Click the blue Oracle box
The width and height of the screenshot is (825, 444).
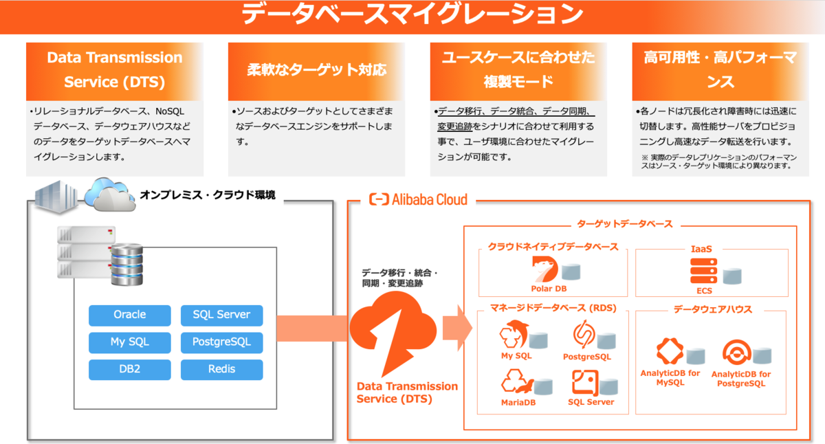point(129,315)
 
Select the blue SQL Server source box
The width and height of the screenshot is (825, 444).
point(221,315)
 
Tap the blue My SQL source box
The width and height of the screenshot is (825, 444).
point(129,342)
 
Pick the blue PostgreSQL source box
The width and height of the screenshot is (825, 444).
point(221,342)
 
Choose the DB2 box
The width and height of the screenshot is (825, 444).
point(129,369)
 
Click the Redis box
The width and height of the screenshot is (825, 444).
point(221,369)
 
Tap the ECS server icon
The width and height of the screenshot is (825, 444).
point(703,272)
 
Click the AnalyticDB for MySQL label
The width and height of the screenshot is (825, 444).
point(670,378)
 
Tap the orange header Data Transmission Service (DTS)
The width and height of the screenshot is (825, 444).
point(115,69)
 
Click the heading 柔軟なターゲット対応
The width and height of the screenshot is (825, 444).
point(316,70)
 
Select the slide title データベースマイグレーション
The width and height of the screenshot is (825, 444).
point(412,14)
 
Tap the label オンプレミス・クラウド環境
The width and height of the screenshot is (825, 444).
point(207,195)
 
